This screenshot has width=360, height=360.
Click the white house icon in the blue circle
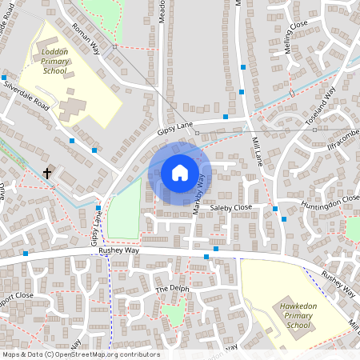tap(180, 173)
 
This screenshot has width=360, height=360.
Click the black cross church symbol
tap(47, 173)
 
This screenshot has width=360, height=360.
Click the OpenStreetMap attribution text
tap(81, 354)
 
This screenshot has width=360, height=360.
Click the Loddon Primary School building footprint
tap(73, 109)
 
